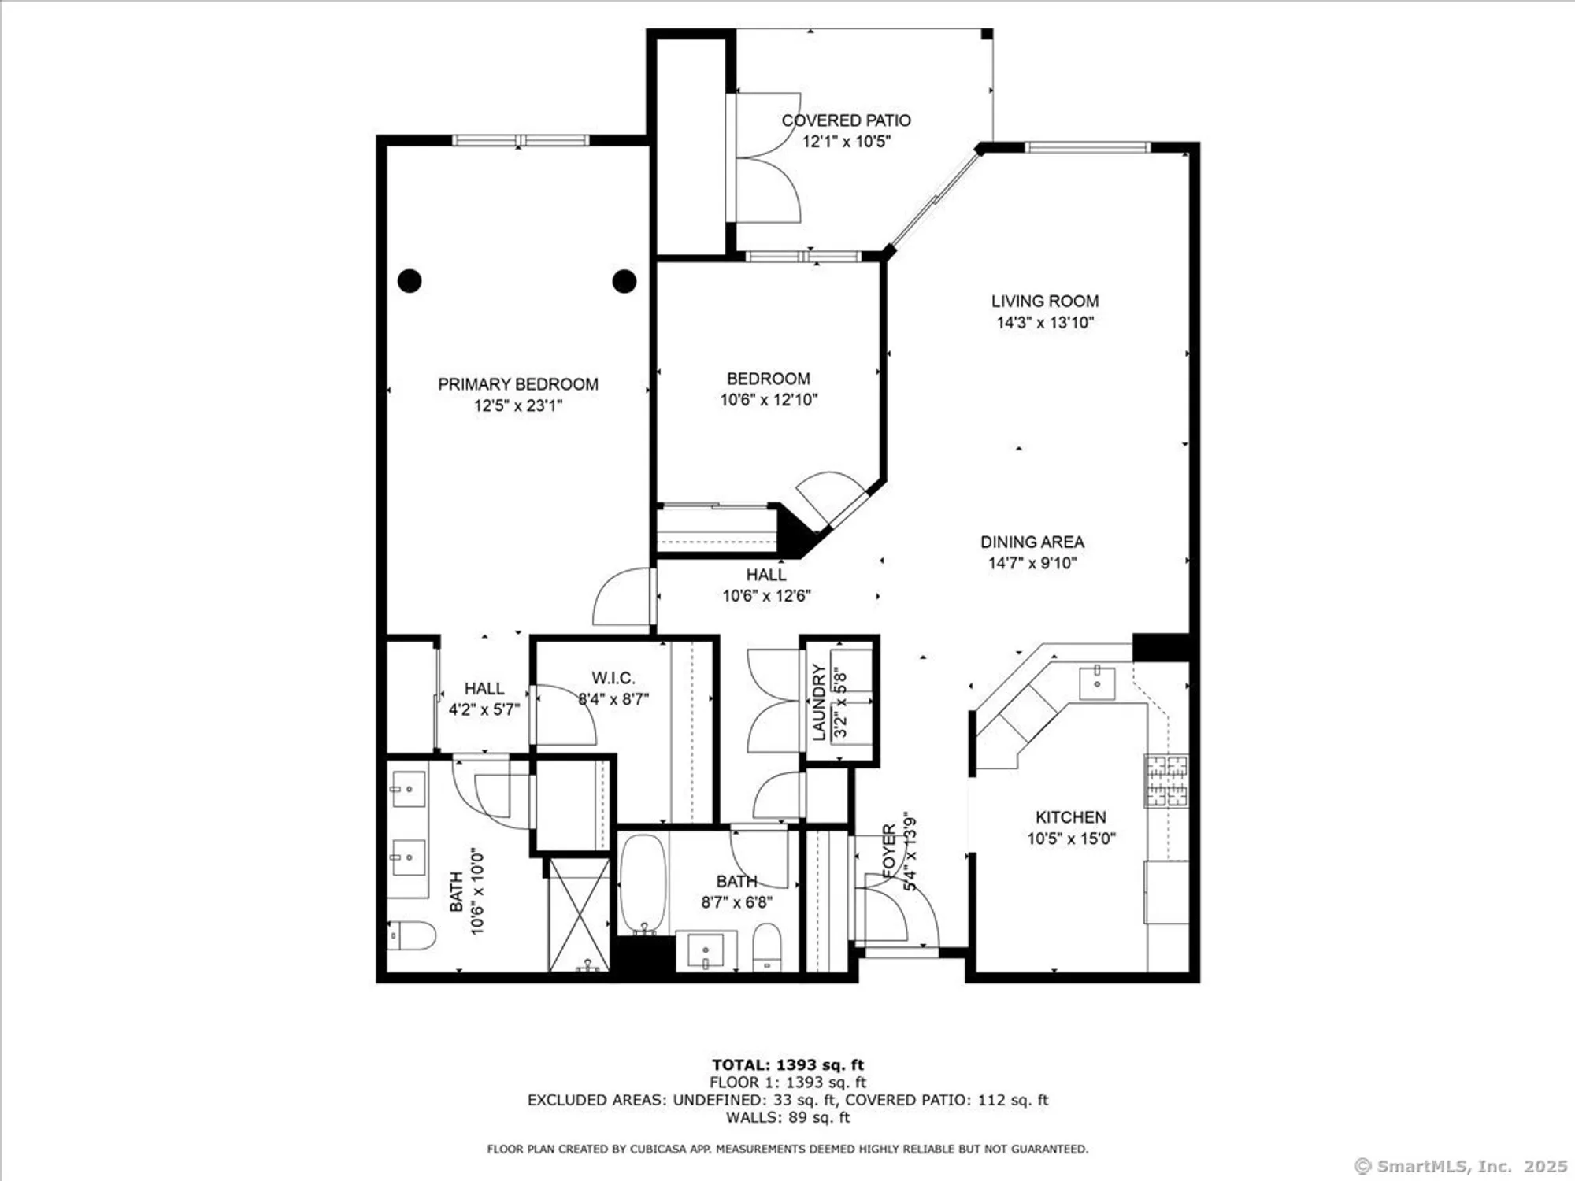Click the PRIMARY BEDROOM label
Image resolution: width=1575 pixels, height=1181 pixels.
(517, 384)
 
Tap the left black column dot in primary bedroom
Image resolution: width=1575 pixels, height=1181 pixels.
(409, 280)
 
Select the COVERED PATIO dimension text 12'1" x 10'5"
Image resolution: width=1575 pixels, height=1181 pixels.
(846, 142)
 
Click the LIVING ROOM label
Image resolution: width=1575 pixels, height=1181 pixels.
(1044, 301)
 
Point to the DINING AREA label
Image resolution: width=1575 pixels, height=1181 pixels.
(1032, 542)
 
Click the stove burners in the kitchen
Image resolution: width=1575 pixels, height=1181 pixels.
(1166, 780)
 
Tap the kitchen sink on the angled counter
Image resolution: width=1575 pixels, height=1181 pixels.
(1097, 682)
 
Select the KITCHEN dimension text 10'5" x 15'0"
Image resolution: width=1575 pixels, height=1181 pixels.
(1070, 839)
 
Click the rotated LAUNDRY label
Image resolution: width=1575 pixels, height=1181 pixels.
(819, 702)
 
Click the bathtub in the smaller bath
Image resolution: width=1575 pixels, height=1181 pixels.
(643, 883)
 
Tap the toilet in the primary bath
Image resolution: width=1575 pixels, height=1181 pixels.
(413, 935)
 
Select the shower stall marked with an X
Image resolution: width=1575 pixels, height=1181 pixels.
(579, 915)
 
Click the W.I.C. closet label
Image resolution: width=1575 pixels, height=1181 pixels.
(613, 678)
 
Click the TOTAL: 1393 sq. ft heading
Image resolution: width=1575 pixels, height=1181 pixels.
(787, 1065)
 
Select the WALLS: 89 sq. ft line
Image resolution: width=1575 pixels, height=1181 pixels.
(787, 1117)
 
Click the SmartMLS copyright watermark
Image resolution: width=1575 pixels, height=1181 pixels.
(1461, 1166)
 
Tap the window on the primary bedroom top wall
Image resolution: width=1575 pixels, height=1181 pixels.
(520, 141)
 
